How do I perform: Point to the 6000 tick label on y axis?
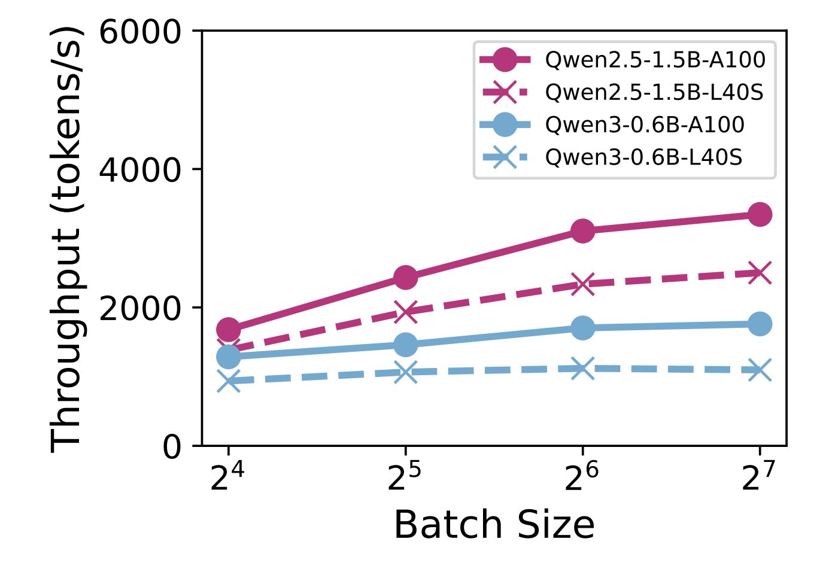point(140,31)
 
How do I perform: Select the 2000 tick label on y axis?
point(140,308)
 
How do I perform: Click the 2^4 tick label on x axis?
point(227,477)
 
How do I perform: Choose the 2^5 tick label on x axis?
point(404,477)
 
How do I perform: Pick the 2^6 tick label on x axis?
point(581,477)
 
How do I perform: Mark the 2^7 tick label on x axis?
point(758,477)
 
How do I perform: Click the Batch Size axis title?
point(494,525)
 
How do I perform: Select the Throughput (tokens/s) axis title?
point(65,238)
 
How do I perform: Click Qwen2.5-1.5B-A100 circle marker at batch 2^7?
point(760,214)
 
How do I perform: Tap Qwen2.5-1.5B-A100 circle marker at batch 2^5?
point(405,277)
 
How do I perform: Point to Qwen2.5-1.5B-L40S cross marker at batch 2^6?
point(582,284)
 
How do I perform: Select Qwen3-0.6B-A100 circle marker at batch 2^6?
point(582,328)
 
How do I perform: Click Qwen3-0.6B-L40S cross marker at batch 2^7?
point(760,370)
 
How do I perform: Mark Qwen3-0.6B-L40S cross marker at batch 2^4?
point(228,381)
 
